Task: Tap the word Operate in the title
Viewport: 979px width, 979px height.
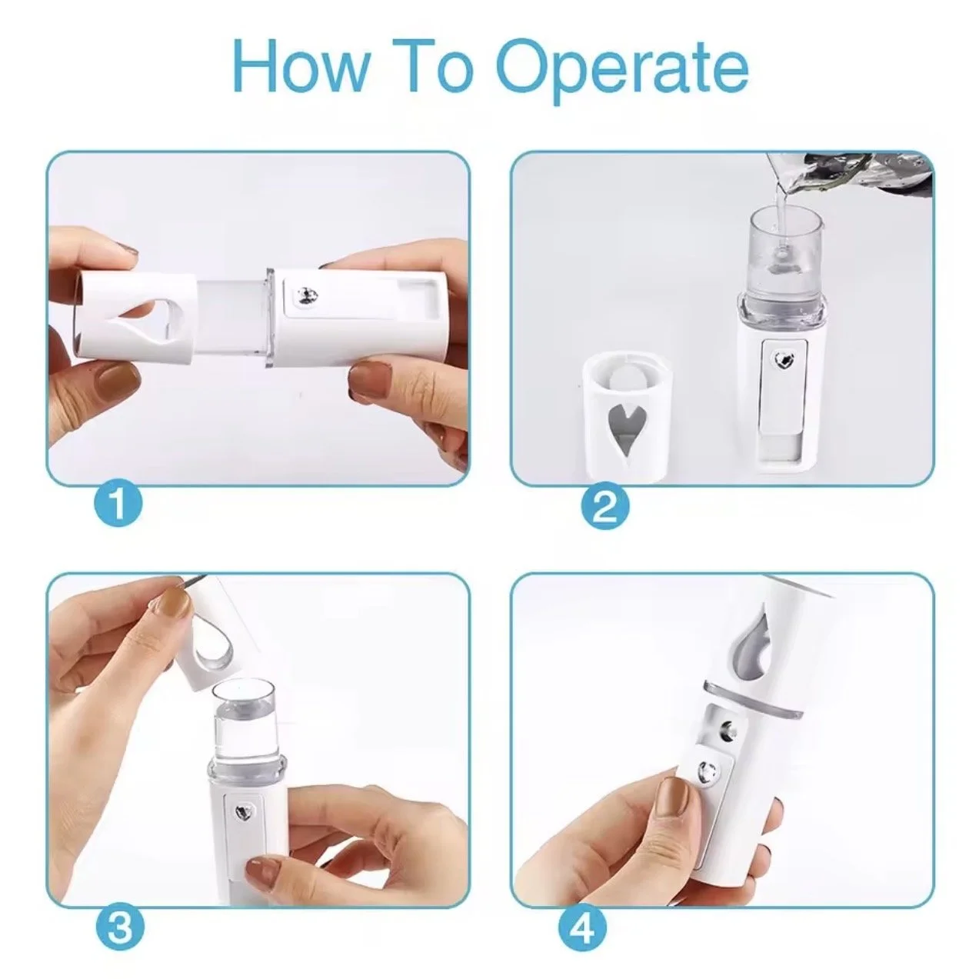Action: click(x=624, y=71)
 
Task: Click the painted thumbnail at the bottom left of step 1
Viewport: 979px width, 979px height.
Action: click(x=118, y=383)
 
